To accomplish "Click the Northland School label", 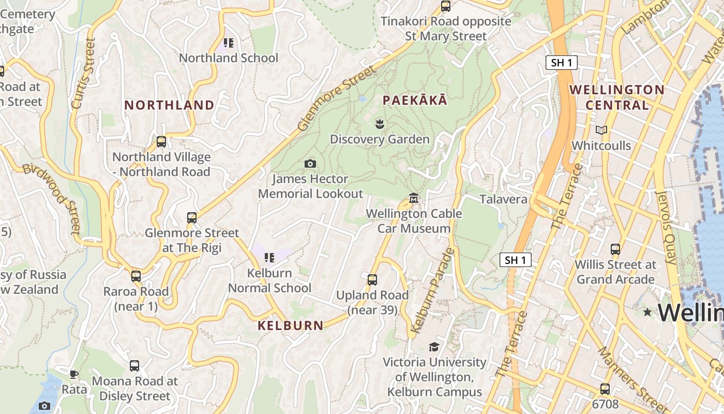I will point(228,58).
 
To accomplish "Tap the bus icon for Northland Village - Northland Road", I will point(161,142).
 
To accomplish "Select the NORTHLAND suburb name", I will point(169,105).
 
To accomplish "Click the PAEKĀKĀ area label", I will point(415,100).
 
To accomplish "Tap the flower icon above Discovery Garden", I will point(380,124).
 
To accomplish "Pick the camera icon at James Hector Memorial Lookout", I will point(310,164).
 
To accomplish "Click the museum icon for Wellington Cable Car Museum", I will point(414,198).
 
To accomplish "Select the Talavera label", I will point(503,199).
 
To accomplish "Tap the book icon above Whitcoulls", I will point(601,130).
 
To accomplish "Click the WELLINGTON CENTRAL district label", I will point(616,97).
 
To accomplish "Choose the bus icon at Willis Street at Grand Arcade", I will point(615,249).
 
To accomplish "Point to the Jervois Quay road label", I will point(666,228).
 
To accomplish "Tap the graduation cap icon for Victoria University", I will point(434,347).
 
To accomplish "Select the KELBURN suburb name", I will point(290,326).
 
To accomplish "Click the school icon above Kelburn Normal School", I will point(269,257).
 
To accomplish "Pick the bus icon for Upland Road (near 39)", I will point(372,280).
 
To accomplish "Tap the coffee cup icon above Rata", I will point(74,374).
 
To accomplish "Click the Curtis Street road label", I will point(83,73).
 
